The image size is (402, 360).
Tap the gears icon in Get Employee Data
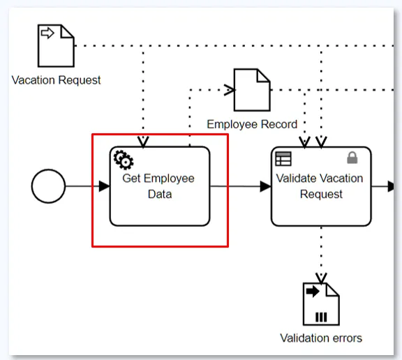tap(124, 160)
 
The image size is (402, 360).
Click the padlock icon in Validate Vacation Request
tap(352, 158)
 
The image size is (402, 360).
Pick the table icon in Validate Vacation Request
tap(283, 159)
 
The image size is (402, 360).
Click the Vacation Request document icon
tap(56, 46)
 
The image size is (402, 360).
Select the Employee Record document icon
tap(252, 90)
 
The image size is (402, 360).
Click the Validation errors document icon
tap(321, 304)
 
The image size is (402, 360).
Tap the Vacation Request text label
tap(56, 80)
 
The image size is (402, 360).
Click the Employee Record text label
tap(252, 124)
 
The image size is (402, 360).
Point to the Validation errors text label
tap(321, 338)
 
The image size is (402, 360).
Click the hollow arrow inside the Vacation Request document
tap(47, 33)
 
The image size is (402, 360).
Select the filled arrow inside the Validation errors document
tap(313, 291)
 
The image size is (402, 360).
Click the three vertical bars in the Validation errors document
tap(321, 317)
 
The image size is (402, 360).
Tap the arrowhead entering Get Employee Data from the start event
tap(105, 186)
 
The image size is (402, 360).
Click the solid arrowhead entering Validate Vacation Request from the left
tap(266, 186)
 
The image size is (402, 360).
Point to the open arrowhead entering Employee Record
tap(230, 90)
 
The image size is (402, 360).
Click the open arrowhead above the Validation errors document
tap(321, 278)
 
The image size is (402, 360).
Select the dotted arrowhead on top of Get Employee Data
tap(143, 142)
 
